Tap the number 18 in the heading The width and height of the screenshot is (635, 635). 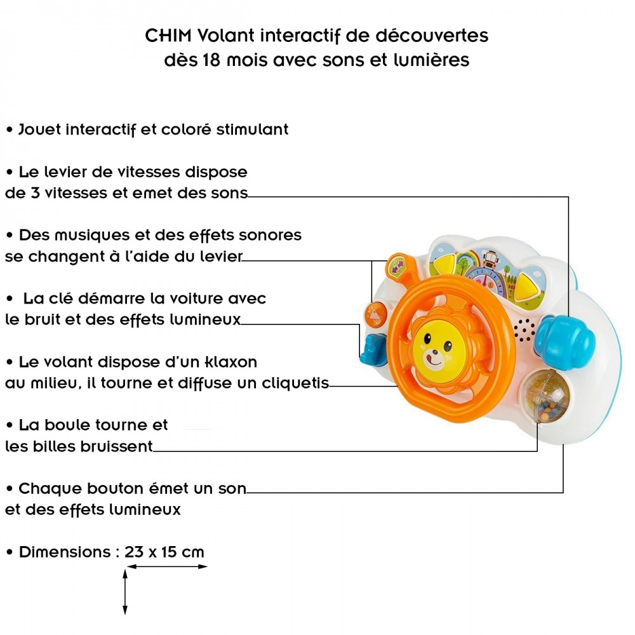point(212,60)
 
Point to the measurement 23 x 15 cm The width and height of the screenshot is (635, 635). point(164,552)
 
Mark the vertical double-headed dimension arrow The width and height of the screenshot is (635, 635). point(125,591)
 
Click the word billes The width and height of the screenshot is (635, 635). point(53,446)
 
